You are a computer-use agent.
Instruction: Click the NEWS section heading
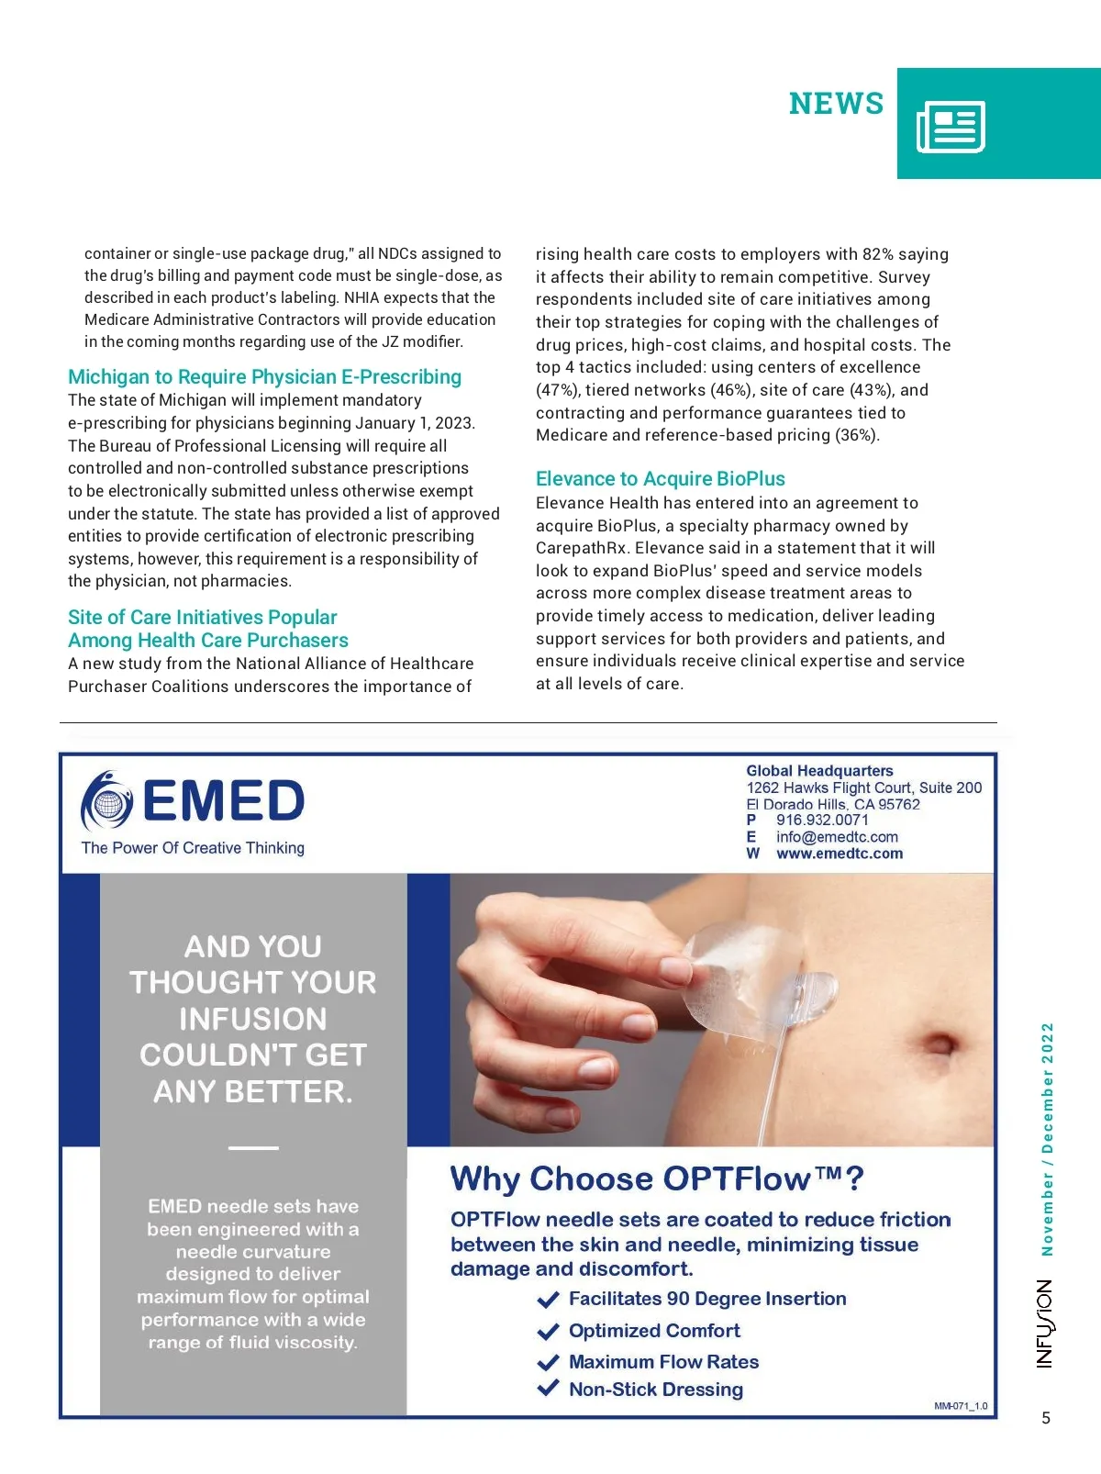(836, 104)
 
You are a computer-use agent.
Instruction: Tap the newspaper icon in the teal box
(951, 127)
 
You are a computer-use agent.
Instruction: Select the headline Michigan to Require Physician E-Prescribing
(264, 377)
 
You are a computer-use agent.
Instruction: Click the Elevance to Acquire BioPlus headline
(660, 479)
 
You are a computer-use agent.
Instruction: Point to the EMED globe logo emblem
(108, 801)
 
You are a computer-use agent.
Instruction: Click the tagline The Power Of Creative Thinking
(193, 848)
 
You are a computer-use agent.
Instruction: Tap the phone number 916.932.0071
(822, 820)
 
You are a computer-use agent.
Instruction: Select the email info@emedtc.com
(837, 837)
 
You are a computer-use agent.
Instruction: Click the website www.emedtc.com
(840, 854)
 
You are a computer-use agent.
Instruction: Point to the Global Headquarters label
(819, 771)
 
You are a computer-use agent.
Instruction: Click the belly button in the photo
(940, 1044)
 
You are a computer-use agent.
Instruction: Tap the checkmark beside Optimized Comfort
(549, 1331)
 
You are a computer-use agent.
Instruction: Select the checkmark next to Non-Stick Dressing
(549, 1388)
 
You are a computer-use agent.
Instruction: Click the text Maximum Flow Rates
(663, 1362)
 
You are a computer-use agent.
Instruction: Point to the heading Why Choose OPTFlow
(657, 1178)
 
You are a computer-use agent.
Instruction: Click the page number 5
(1046, 1418)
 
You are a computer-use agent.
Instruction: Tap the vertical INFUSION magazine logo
(1045, 1323)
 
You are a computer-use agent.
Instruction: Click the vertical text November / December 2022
(1047, 1139)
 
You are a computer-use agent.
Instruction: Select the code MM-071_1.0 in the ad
(961, 1406)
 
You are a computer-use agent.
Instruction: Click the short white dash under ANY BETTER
(253, 1147)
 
